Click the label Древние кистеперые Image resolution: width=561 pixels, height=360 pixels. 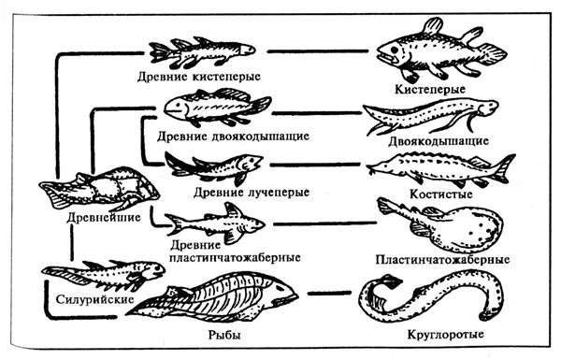[198, 75]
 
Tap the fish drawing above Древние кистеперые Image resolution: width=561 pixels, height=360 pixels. [200, 50]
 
